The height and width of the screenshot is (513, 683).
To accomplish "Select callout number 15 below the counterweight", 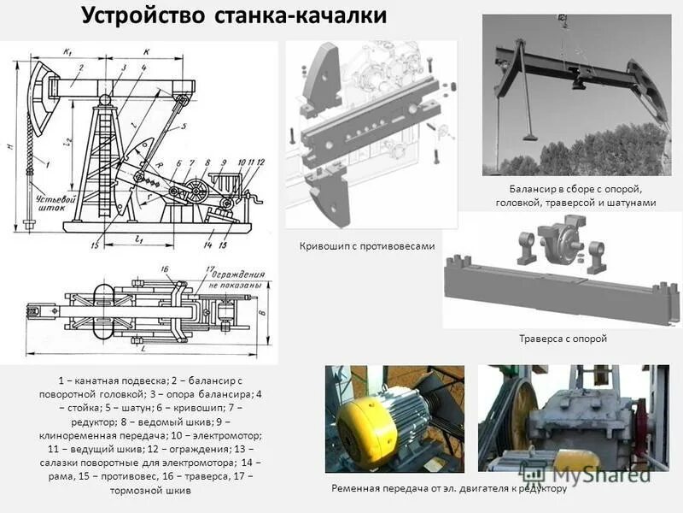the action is (96, 245).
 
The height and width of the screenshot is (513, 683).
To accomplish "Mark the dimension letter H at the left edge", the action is (11, 146).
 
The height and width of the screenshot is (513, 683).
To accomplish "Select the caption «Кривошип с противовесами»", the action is (367, 246).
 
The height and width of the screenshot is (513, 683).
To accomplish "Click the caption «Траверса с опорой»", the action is (563, 339).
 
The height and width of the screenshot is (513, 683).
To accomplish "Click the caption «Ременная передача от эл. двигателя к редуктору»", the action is (448, 487).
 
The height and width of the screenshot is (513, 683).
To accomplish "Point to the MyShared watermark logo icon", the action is (535, 468).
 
